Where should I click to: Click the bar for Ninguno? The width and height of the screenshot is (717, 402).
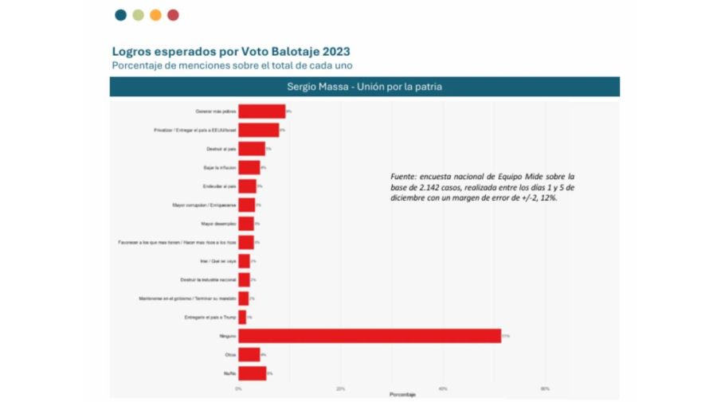click(x=370, y=336)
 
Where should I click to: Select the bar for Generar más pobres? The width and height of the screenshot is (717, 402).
click(x=261, y=111)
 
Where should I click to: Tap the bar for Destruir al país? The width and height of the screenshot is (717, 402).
click(x=252, y=149)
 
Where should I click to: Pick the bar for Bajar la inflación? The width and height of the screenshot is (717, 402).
click(x=249, y=167)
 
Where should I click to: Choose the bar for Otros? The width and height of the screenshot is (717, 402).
click(x=249, y=354)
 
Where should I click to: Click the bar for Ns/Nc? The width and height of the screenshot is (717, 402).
click(x=253, y=373)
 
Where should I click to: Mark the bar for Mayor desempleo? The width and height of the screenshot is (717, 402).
click(x=246, y=224)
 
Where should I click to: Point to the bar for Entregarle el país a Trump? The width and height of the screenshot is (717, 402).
click(x=242, y=317)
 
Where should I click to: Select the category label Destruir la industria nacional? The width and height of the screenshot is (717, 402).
click(x=209, y=279)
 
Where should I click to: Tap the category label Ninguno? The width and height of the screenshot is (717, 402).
click(x=226, y=336)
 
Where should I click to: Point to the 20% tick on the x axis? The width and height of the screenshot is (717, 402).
click(x=341, y=388)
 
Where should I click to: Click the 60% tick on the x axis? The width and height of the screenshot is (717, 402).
click(x=545, y=388)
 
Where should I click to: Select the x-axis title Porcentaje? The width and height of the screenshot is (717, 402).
click(x=402, y=395)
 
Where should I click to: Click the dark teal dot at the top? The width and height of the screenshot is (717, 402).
click(x=120, y=14)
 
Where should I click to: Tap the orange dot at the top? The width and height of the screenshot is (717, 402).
click(x=155, y=14)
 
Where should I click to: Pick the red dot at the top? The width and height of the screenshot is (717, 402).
click(x=173, y=14)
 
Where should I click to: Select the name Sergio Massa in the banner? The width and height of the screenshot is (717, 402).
click(x=314, y=87)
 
